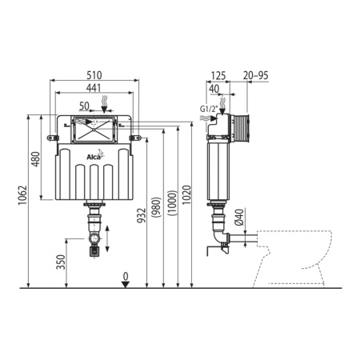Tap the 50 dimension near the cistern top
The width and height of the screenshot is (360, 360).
click(x=83, y=106)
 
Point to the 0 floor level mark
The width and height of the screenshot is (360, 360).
click(x=125, y=275)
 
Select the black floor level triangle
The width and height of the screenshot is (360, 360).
click(x=125, y=285)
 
